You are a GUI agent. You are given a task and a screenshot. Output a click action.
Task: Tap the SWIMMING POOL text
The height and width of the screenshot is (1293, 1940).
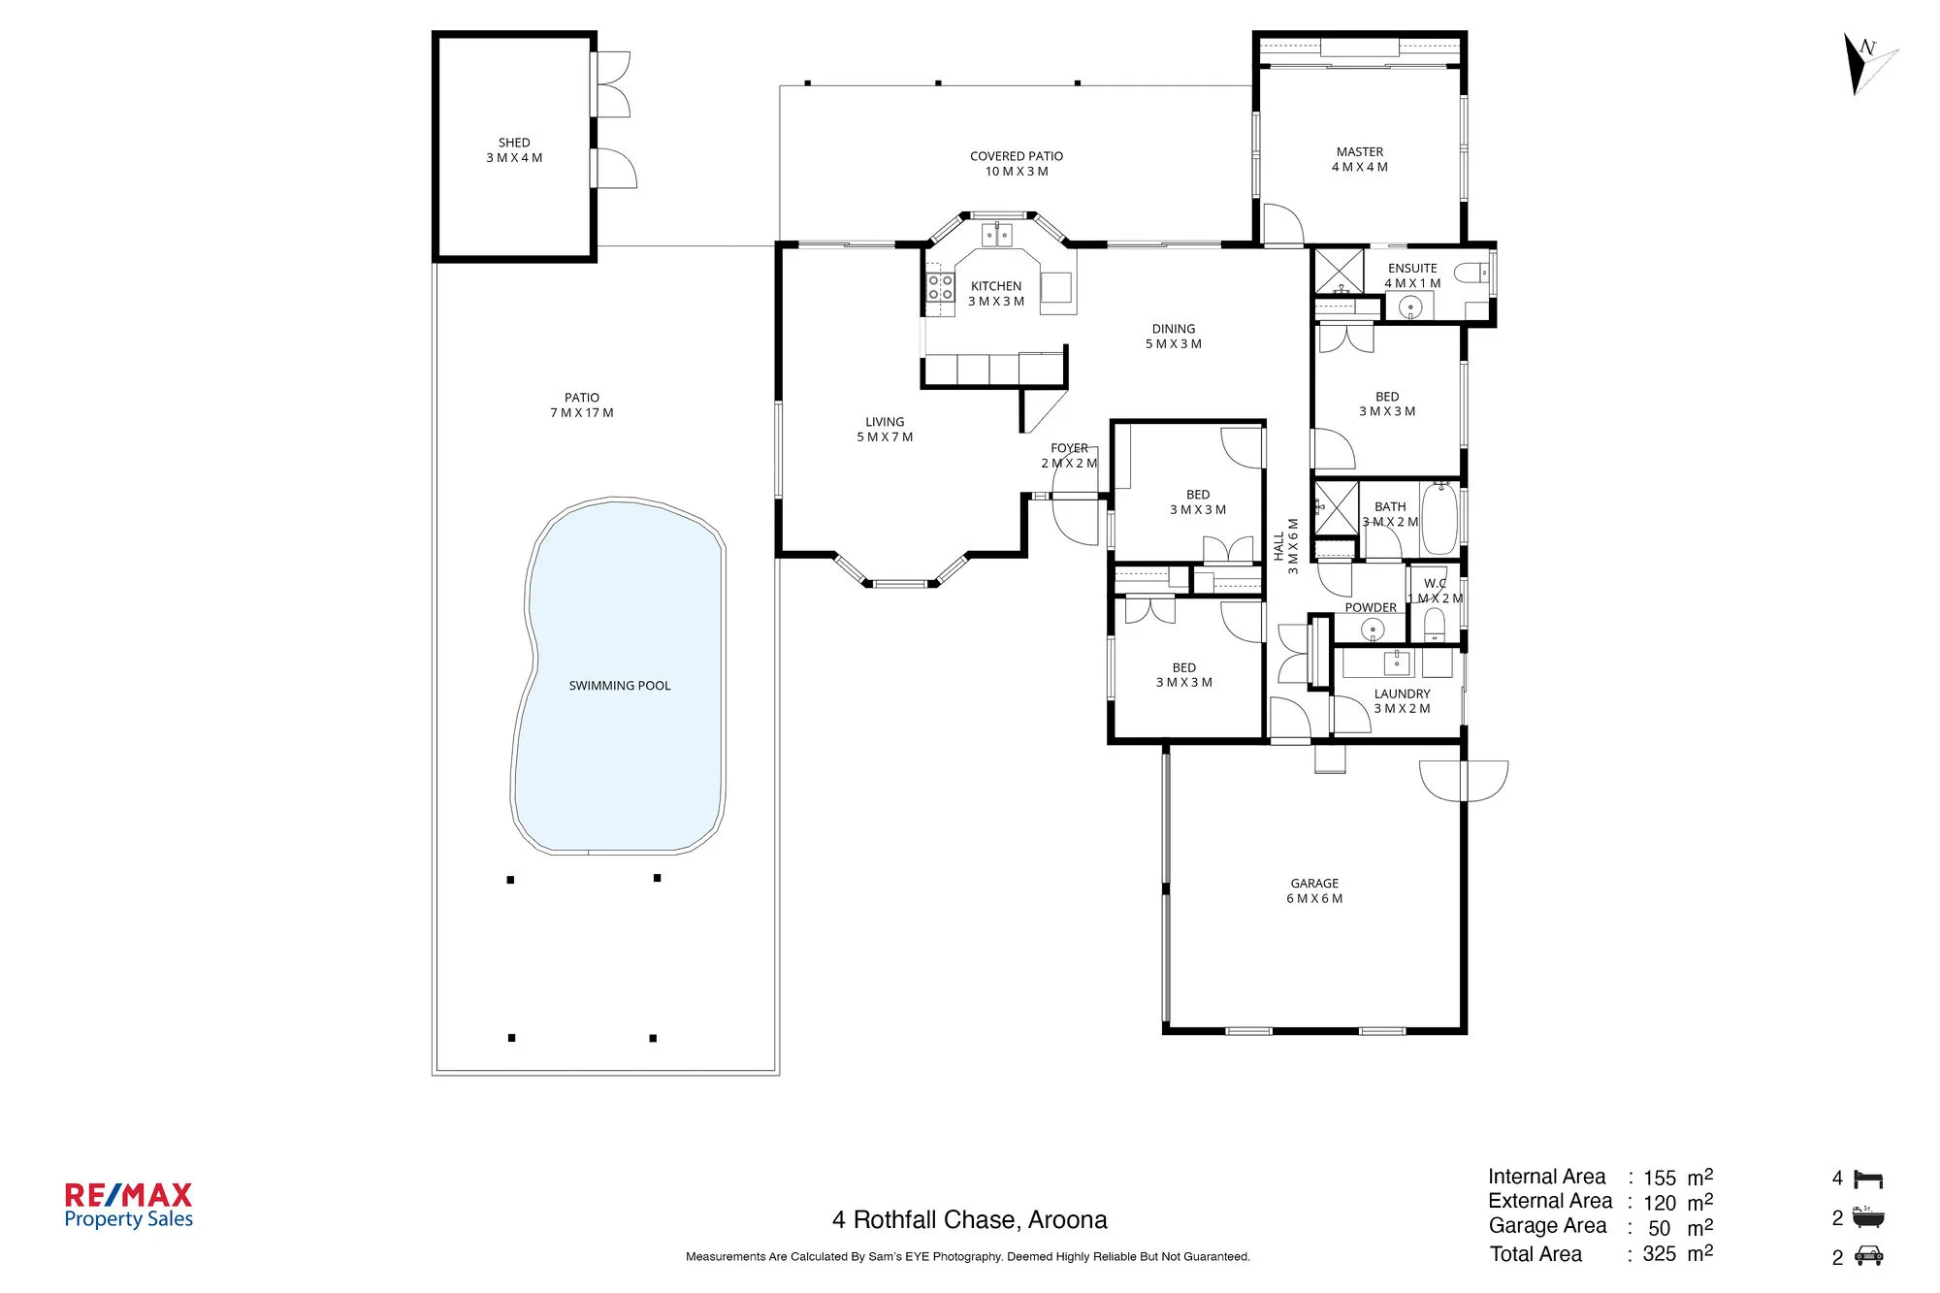click(x=620, y=686)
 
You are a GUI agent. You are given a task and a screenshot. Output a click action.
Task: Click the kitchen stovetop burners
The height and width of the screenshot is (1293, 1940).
click(x=940, y=287)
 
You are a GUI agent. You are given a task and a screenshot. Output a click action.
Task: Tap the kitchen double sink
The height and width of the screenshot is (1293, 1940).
click(x=997, y=235)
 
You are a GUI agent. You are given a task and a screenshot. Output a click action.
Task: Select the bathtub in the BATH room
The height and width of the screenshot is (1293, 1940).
click(x=1440, y=518)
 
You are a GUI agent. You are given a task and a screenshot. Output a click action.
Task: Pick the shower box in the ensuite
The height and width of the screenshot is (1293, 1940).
click(x=1340, y=272)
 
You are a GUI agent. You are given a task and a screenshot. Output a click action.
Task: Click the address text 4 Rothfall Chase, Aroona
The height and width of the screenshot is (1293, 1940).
click(x=969, y=1220)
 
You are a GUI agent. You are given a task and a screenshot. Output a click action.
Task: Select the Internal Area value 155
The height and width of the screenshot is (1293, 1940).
click(x=1660, y=1178)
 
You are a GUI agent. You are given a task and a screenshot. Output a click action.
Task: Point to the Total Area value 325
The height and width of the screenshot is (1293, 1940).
click(x=1660, y=1253)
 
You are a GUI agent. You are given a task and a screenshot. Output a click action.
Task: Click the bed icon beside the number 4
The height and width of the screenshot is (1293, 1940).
click(x=1868, y=1179)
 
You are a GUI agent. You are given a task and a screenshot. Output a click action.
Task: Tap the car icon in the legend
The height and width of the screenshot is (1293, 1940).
click(x=1869, y=1256)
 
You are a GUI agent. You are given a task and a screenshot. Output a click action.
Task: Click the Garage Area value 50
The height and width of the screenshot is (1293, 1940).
click(x=1660, y=1228)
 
